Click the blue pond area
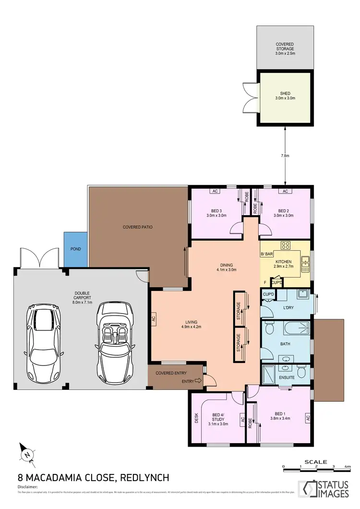tap(75, 249)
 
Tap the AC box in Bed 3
tap(215, 191)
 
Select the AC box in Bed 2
tap(285, 191)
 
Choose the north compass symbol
tap(27, 452)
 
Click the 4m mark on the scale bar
tap(348, 467)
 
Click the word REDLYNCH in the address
tap(145, 478)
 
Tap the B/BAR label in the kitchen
tap(266, 254)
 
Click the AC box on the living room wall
tap(154, 318)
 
